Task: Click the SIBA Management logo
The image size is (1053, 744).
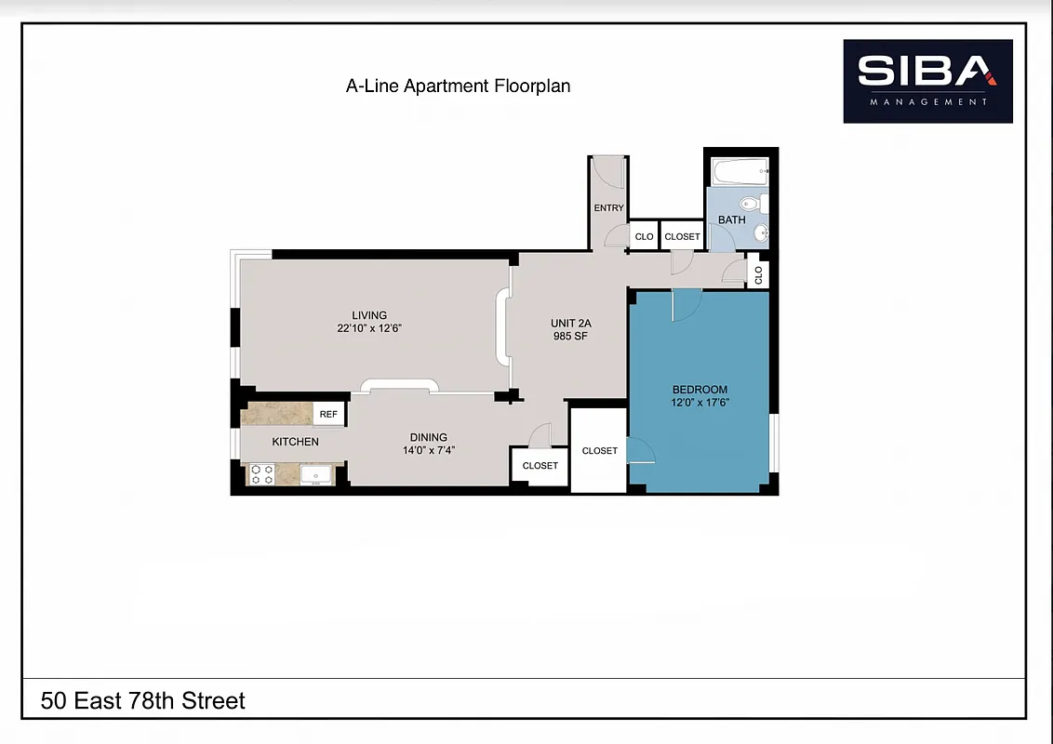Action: pyautogui.click(x=927, y=81)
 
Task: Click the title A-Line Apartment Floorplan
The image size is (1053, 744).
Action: pyautogui.click(x=458, y=86)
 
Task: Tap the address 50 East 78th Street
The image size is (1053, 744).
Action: pyautogui.click(x=143, y=700)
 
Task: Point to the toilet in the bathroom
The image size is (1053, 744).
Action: pyautogui.click(x=751, y=203)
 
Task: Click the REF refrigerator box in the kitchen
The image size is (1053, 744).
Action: pyautogui.click(x=328, y=415)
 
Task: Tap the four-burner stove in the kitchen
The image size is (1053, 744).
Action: pyautogui.click(x=262, y=475)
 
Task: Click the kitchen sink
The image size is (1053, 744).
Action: pyautogui.click(x=315, y=475)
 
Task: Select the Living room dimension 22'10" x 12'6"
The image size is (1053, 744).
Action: pyautogui.click(x=369, y=328)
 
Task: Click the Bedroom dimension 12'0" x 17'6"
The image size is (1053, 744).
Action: pyautogui.click(x=700, y=403)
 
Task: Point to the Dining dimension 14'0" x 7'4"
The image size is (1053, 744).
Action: pyautogui.click(x=429, y=450)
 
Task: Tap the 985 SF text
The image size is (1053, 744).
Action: pyautogui.click(x=572, y=337)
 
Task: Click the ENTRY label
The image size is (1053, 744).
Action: pyautogui.click(x=608, y=208)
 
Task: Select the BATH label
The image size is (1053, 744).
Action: pyautogui.click(x=731, y=220)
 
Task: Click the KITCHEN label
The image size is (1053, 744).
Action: pyautogui.click(x=295, y=442)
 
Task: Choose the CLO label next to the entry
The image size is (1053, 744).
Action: pyautogui.click(x=644, y=237)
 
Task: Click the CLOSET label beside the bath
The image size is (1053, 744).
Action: pyautogui.click(x=682, y=237)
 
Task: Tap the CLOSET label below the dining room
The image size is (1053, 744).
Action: pyautogui.click(x=540, y=466)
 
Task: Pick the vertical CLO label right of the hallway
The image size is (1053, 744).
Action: pyautogui.click(x=758, y=275)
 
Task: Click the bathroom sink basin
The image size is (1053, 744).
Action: pyautogui.click(x=760, y=232)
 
